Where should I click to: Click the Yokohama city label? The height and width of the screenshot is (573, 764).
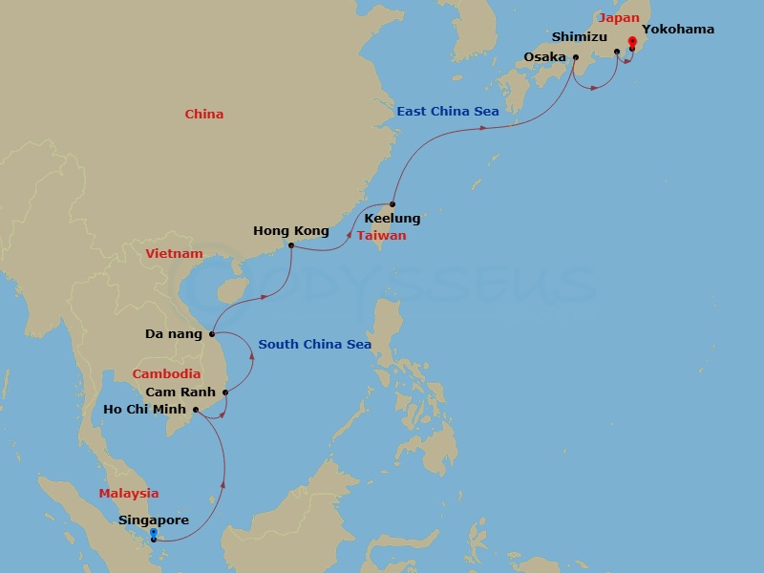677,30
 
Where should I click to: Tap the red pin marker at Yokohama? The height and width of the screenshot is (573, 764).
632,43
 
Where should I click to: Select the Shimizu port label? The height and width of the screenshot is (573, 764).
579,36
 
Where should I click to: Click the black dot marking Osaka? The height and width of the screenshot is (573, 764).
575,56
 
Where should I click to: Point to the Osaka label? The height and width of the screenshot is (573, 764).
544,57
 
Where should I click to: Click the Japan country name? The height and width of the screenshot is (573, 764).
619,17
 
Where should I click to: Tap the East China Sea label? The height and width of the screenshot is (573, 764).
448,112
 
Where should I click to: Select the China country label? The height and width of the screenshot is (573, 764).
203,115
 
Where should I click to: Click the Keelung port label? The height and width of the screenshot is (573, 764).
392,219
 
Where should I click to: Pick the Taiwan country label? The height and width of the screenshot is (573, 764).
381,235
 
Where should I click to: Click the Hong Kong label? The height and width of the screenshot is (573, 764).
290,231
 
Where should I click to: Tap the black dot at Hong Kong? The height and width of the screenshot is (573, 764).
290,245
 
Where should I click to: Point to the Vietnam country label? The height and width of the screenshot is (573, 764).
174,254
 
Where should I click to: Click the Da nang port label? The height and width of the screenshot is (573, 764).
173,334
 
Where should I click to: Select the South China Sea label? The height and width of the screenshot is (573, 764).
314,345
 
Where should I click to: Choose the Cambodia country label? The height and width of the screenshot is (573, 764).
166,374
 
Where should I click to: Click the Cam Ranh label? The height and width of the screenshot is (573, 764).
180,393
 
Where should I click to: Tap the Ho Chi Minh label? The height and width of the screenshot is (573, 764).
146,411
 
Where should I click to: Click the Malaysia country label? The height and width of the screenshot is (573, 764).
128,494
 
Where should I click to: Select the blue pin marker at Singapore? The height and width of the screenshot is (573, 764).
154,535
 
